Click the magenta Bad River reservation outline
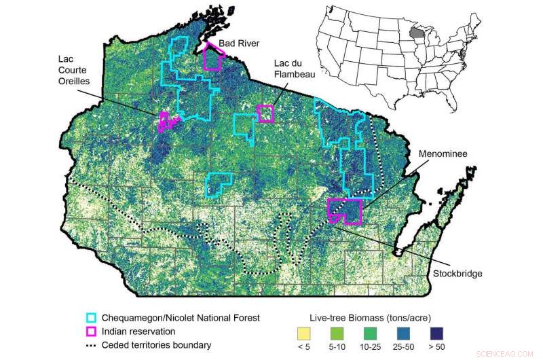[213, 57]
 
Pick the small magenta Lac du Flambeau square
[265, 113]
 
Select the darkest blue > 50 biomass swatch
[454, 334]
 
